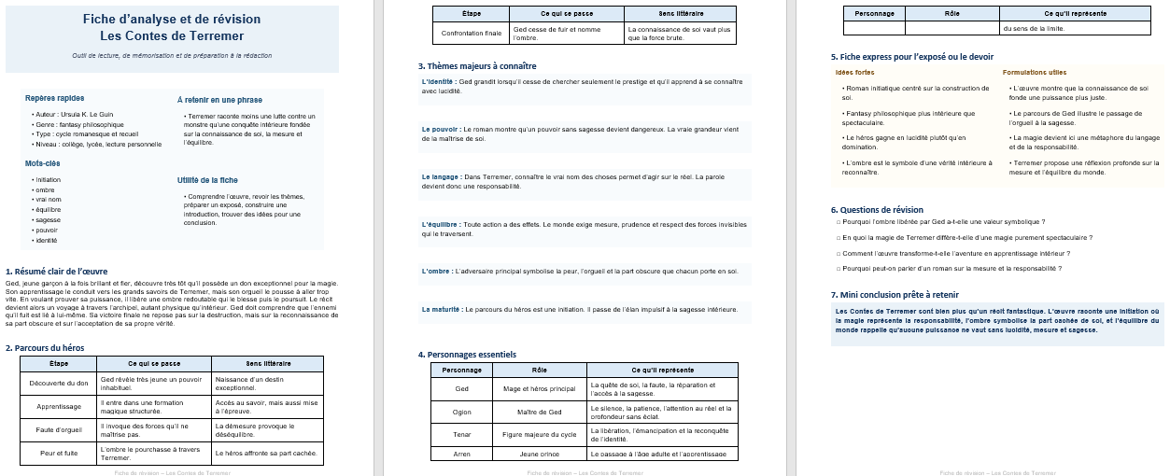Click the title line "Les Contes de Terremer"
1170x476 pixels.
tap(172, 36)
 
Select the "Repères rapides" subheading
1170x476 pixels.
tap(54, 98)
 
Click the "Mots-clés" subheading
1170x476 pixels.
tap(43, 163)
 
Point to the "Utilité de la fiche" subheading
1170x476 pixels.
tap(207, 179)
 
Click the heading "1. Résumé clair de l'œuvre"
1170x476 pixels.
tap(56, 272)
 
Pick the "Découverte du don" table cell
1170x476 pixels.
tap(59, 383)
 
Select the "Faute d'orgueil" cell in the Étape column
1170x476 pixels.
tap(59, 429)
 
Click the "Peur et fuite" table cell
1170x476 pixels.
tap(59, 453)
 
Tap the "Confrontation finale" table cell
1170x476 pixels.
tap(472, 33)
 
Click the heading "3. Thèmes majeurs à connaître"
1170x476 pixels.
tap(477, 66)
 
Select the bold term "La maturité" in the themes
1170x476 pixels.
tap(442, 309)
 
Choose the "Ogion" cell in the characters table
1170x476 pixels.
tap(461, 412)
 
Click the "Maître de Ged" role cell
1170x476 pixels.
tap(539, 412)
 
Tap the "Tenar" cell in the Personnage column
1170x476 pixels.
tap(461, 434)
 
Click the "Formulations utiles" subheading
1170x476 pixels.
tap(1035, 72)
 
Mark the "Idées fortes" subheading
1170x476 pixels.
tap(854, 72)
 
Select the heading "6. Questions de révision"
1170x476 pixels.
tap(877, 210)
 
